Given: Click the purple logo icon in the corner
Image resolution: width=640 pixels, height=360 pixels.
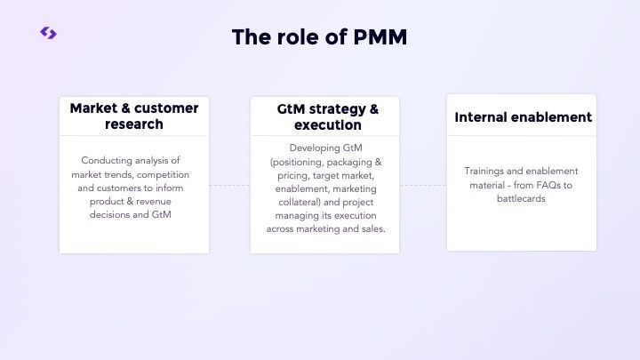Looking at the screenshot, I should coord(48,33).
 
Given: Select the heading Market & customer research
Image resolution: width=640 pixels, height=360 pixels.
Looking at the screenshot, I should coord(134,116).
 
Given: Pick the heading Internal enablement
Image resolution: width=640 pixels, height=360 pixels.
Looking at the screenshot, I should coord(523,117).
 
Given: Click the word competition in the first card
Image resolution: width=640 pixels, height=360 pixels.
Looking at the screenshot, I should coord(164,174).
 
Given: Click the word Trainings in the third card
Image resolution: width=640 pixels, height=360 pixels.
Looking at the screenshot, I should coord(484,171).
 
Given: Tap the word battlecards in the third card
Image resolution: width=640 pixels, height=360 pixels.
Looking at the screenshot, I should coord(522,198).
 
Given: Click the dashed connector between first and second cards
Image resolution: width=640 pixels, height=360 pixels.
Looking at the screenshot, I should coord(229,185).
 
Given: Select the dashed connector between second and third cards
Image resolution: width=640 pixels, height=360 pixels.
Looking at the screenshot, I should coord(422,185).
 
